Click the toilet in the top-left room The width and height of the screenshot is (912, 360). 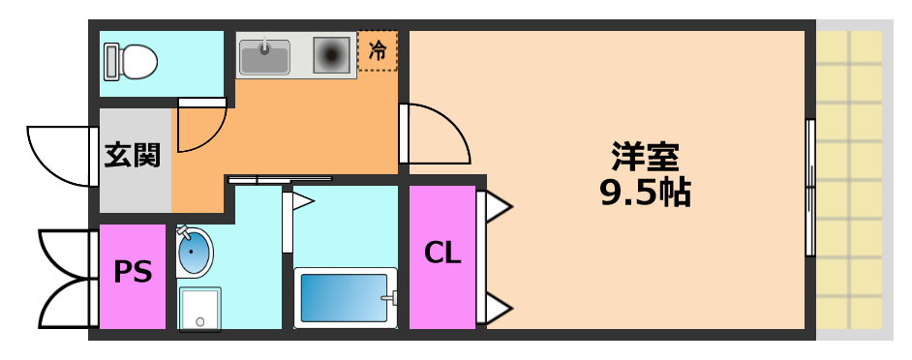coord(133,62)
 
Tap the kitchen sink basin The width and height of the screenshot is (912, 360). coord(264,57)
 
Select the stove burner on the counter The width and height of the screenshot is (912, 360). coord(331,55)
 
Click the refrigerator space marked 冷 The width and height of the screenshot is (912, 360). coord(378,52)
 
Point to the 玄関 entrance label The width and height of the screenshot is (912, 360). coord(133,154)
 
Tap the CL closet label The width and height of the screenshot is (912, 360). coord(442,255)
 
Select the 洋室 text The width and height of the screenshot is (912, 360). coord(645,156)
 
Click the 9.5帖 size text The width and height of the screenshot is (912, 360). coord(645,195)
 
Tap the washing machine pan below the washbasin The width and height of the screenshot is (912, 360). coord(199,308)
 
